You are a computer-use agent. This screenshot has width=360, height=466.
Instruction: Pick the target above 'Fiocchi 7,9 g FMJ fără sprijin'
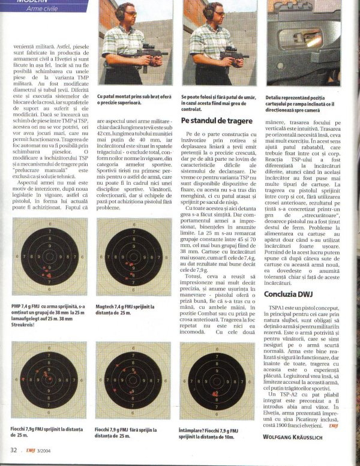click(x=133, y=380)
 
